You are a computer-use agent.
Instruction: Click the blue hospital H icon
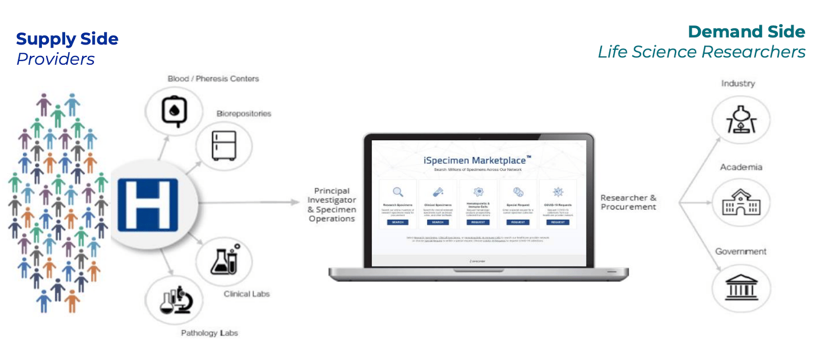tap(148, 205)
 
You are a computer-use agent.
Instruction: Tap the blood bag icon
tap(174, 111)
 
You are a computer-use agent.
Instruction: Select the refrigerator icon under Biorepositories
tap(224, 145)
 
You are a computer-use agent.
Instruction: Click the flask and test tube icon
tap(225, 260)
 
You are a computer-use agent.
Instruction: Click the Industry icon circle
tap(741, 120)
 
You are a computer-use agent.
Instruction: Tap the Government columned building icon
tap(741, 288)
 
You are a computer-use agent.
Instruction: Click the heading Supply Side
tap(67, 39)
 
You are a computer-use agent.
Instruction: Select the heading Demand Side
tap(746, 32)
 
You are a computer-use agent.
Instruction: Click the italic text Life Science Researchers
tap(701, 52)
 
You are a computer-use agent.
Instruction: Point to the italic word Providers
tap(55, 59)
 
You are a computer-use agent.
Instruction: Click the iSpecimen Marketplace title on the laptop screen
tap(475, 160)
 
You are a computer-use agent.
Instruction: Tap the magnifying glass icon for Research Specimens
tap(397, 192)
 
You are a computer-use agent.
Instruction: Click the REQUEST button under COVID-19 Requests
tap(557, 222)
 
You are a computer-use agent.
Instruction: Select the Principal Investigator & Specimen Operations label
tap(332, 205)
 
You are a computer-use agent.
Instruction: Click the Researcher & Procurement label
tap(628, 202)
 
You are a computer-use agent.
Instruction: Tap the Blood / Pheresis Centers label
tap(213, 79)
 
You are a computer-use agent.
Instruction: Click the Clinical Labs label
tap(246, 294)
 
